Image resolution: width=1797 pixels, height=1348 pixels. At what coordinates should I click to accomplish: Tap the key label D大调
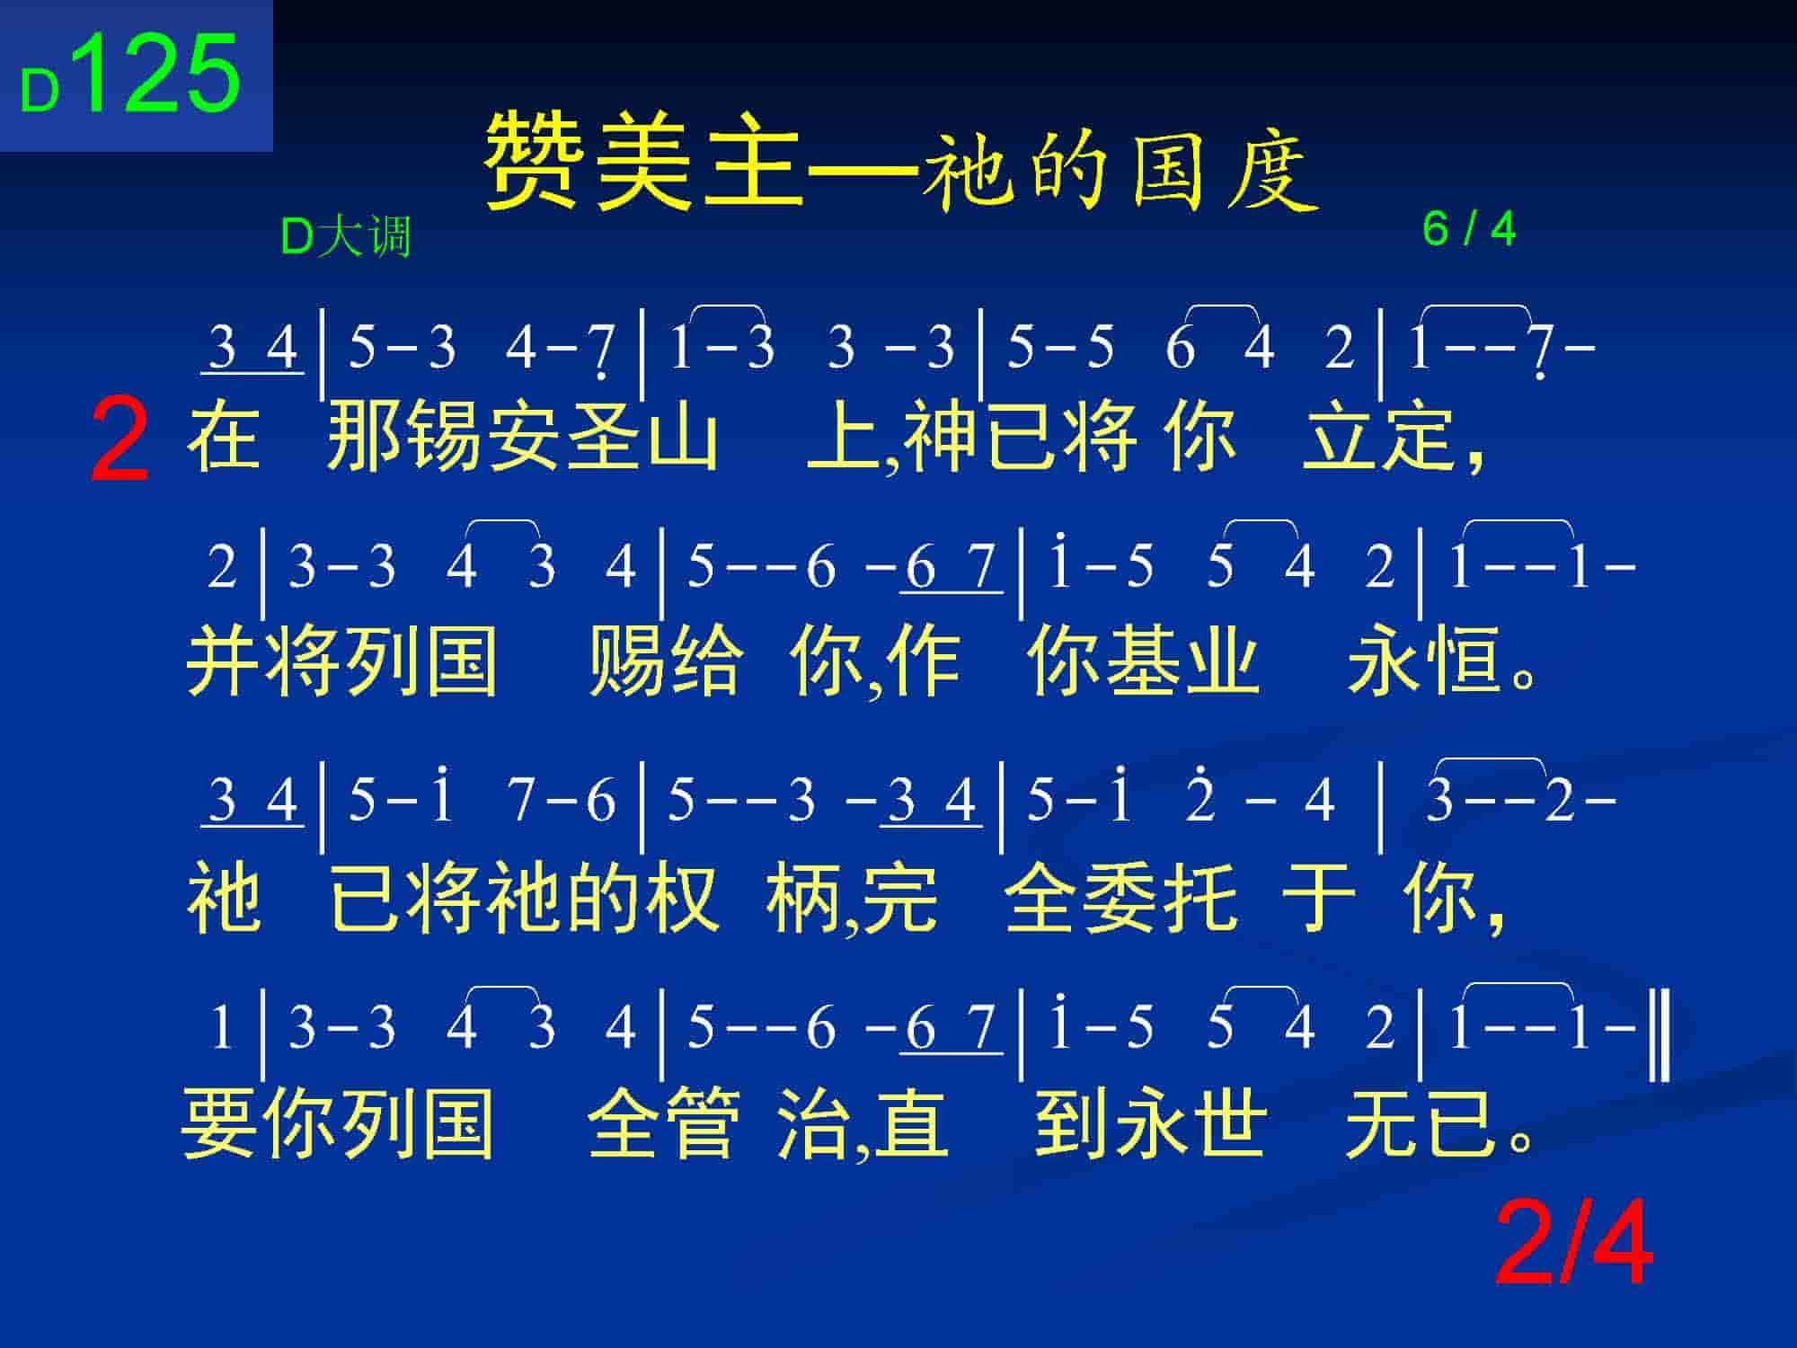pos(346,237)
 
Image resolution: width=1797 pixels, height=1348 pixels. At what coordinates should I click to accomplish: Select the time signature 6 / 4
pos(1469,229)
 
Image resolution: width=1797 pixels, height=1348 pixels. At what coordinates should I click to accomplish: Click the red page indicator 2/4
pos(1574,1245)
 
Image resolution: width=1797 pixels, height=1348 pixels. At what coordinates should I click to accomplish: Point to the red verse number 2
pos(120,442)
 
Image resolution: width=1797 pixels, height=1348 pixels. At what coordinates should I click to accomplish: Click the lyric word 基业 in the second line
pos(1182,661)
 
